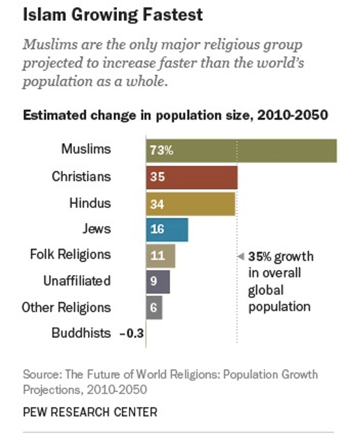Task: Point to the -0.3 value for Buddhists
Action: coord(132,334)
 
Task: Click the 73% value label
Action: coord(161,151)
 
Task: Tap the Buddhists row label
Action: coord(81,333)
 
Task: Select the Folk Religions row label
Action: coord(70,254)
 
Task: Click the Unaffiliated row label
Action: coord(77,281)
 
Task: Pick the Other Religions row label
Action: coord(66,307)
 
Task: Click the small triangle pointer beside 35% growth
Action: coord(241,256)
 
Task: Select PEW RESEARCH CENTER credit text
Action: coord(90,412)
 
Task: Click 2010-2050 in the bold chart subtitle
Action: coord(292,115)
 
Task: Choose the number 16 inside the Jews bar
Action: coord(157,230)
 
